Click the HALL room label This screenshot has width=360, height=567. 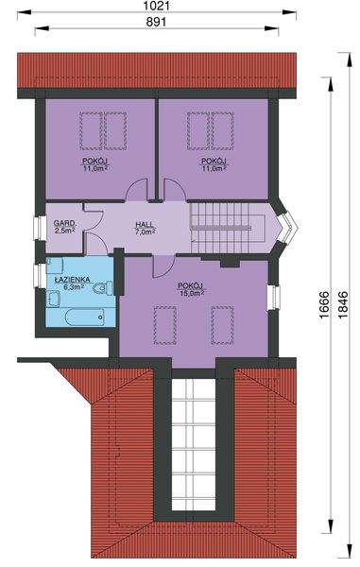[144, 223]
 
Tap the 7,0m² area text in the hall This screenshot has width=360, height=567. [144, 232]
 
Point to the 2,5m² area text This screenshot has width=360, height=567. [63, 230]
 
